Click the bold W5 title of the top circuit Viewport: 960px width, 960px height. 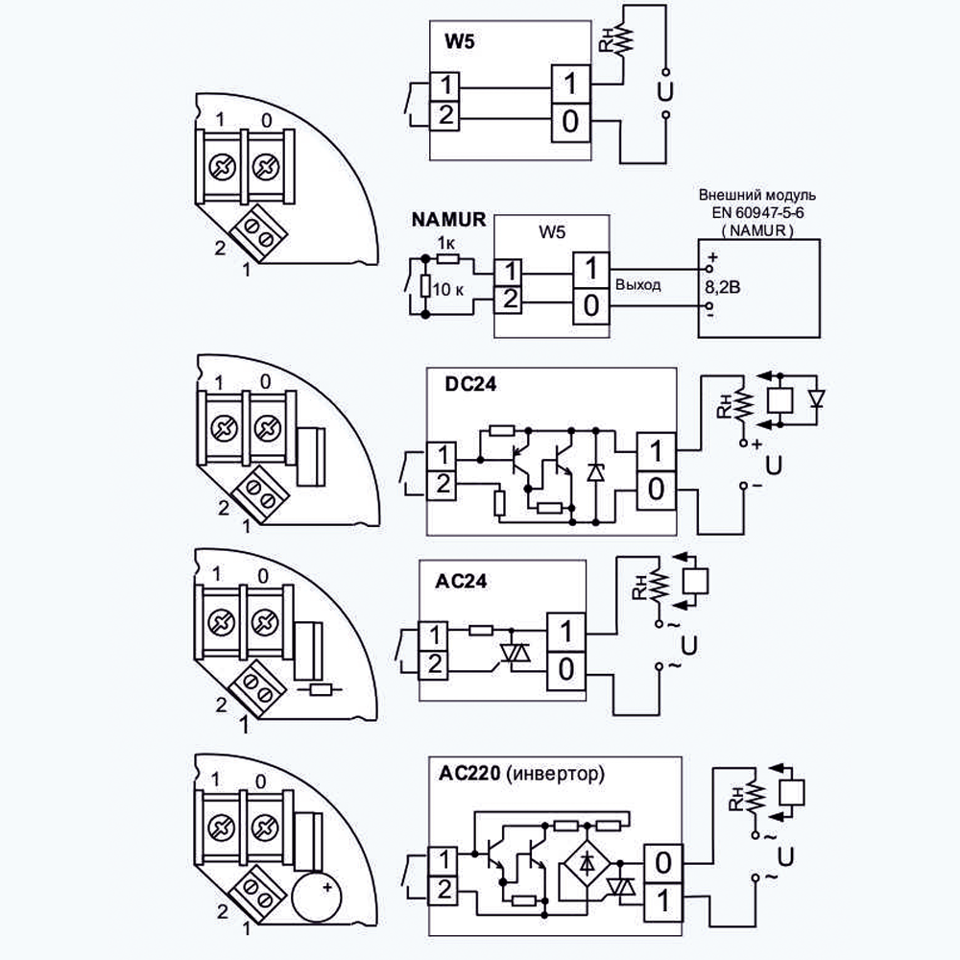pos(459,41)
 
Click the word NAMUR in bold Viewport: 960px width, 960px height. pos(448,219)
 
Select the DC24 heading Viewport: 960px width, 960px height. pos(470,385)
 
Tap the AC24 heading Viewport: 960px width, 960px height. pos(461,581)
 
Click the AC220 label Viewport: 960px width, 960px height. pos(469,773)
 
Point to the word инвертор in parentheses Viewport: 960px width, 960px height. pos(555,774)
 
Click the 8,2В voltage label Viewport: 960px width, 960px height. pos(723,287)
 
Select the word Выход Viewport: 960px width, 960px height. pos(638,285)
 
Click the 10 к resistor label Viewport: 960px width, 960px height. pos(447,289)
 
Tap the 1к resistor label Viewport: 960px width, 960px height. pos(446,243)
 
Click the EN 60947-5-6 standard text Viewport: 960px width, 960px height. pos(757,212)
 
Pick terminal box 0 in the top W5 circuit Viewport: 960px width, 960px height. pos(570,122)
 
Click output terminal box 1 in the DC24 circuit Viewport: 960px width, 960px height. pos(657,452)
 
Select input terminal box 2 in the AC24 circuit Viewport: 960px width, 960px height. pos(434,663)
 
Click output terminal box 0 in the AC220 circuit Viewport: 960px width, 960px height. pos(663,863)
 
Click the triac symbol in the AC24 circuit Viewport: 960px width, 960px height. pos(516,653)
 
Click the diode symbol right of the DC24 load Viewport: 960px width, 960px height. pos(816,398)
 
